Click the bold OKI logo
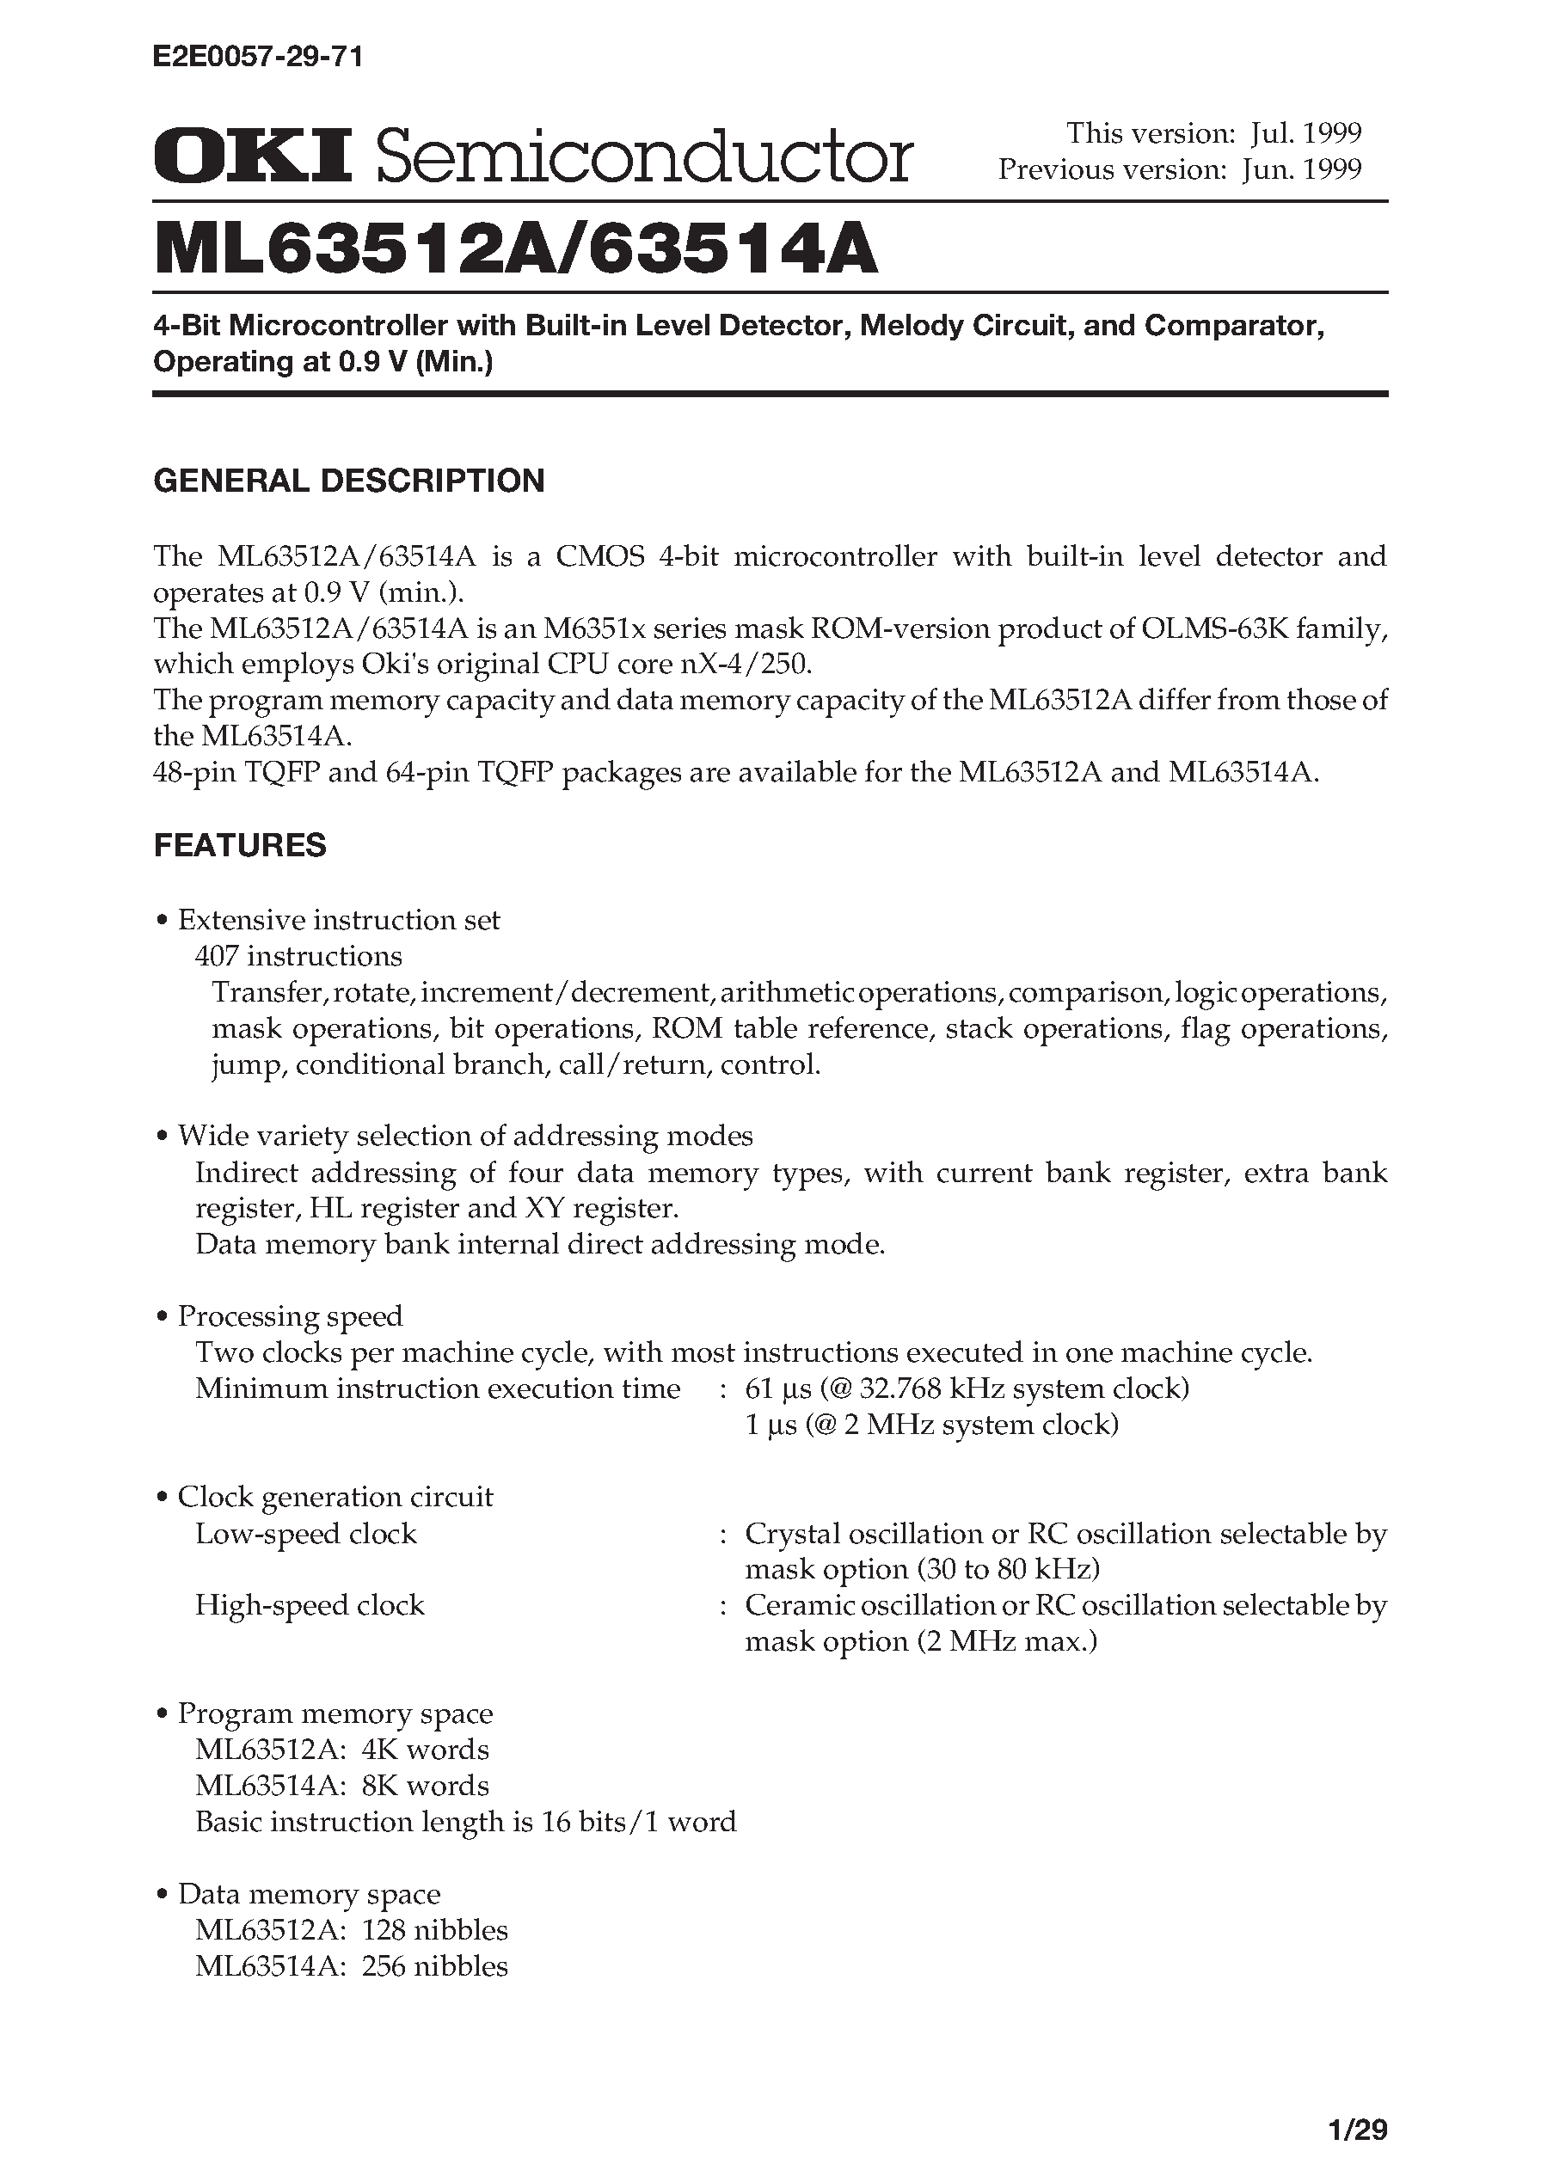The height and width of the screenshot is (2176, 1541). point(253,156)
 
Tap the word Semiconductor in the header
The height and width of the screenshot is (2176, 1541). point(644,157)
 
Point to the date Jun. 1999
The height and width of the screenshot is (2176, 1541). point(1302,169)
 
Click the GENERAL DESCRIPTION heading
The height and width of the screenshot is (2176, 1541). point(349,481)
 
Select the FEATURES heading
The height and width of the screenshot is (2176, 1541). point(240,845)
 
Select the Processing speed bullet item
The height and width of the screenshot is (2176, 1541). point(290,1315)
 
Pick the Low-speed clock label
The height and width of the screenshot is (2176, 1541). point(305,1534)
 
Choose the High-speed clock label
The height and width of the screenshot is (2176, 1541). point(310,1606)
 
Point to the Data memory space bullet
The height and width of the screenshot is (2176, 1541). point(309,1894)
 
